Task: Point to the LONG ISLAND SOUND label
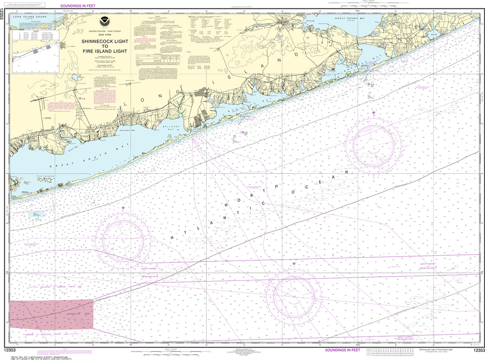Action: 28,17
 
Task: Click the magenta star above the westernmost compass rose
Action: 123,207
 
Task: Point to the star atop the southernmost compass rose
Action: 294,263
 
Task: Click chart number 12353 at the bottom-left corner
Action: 10,350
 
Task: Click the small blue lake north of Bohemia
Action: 74,77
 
